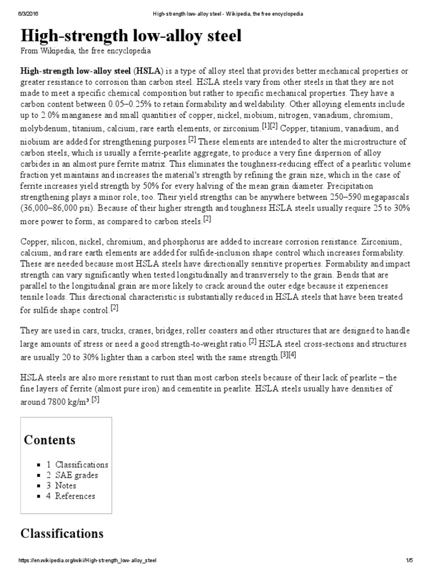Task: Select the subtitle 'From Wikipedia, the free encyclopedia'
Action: point(85,51)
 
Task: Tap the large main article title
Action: point(131,36)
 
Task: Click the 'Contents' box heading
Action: point(49,440)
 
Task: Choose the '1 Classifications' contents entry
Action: point(77,464)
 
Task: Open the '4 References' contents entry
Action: point(71,496)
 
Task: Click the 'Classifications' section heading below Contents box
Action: point(62,533)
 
